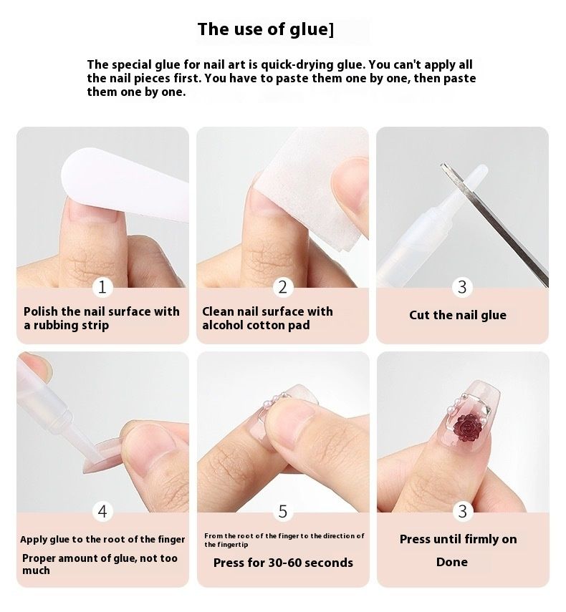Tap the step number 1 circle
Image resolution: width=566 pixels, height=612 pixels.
(102, 287)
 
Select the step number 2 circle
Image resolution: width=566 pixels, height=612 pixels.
(282, 287)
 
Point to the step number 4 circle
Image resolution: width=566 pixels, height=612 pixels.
(102, 511)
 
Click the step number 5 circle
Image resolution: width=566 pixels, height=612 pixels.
(283, 511)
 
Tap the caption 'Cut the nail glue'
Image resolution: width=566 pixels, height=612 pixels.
(458, 315)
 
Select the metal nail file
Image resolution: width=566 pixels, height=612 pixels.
(494, 225)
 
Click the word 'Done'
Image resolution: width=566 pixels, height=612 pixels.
(452, 562)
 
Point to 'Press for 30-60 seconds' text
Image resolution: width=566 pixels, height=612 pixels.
(283, 563)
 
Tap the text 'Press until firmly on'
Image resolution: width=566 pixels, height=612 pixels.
(459, 540)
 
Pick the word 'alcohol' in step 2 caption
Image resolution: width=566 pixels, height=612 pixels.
(223, 325)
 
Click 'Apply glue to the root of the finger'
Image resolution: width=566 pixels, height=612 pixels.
(102, 540)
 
